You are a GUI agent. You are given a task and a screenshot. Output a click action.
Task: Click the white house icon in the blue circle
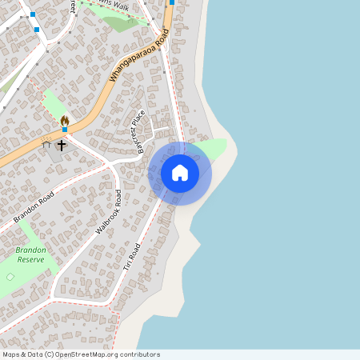point(180,173)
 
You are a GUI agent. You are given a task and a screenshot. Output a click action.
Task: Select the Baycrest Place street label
point(140,131)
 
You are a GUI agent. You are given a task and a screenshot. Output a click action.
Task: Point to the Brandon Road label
point(34,208)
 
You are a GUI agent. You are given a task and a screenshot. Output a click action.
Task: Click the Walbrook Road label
point(108,212)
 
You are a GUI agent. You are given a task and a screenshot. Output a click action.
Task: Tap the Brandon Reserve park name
point(30,254)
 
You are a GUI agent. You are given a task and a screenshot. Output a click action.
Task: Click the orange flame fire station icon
point(64,120)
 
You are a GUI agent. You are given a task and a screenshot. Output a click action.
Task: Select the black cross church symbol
point(61,146)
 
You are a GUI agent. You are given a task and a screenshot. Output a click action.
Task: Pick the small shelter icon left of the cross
point(46,146)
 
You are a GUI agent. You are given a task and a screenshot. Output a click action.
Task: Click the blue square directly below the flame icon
point(64,130)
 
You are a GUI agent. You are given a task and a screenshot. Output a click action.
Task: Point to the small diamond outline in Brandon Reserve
point(10,277)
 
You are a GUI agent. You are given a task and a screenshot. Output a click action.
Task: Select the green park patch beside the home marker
point(214,148)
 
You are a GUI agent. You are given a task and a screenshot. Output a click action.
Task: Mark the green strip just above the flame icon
point(54,106)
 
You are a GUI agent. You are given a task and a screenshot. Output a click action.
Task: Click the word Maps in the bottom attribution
point(12,354)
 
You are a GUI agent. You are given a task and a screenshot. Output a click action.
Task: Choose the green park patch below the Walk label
point(120,22)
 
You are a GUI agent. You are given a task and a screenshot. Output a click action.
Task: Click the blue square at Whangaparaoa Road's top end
point(172,2)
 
